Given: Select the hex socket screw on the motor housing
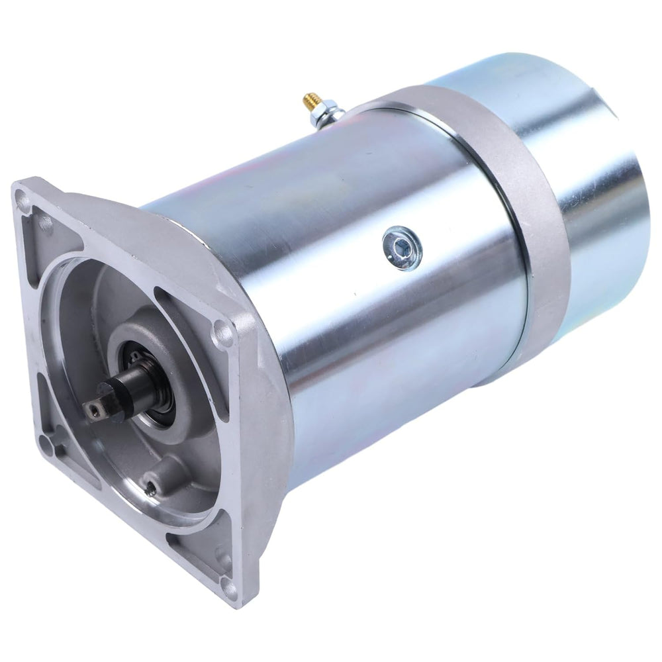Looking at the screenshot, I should point(402,248).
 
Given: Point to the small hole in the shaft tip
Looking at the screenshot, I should point(94,412).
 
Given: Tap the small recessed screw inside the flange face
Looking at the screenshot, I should point(152,488).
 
